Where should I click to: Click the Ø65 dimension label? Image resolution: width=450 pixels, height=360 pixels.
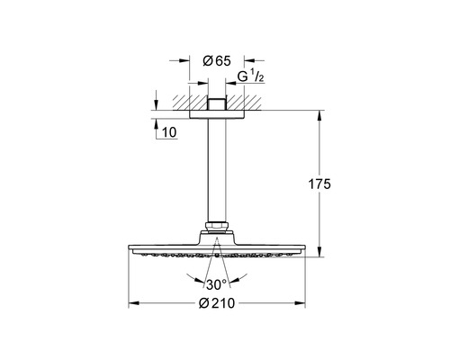coord(217,61)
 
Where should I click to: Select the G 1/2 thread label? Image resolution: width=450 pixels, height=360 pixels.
coord(250,76)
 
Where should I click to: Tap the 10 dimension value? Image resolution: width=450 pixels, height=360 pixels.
coord(169,132)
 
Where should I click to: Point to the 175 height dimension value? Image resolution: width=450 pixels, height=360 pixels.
coord(319,184)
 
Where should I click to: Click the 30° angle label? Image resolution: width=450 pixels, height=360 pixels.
coord(217,284)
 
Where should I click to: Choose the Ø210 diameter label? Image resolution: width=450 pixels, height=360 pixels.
coord(217,303)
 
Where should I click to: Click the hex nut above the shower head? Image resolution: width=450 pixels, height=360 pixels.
coord(217,227)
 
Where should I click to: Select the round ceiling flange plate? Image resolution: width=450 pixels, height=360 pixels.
coord(217,114)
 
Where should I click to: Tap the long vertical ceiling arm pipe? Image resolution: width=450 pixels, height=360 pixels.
coord(217,170)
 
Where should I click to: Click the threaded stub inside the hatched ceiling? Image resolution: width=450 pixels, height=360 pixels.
coord(217,103)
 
